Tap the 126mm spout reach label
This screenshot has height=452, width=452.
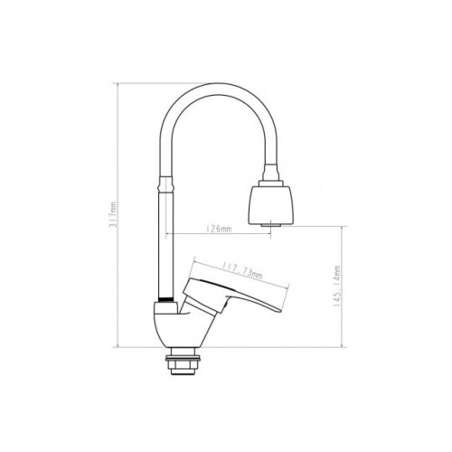click(x=219, y=229)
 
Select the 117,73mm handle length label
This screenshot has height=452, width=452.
click(x=242, y=270)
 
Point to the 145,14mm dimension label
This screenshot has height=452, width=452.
click(x=336, y=286)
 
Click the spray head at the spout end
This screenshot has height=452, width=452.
click(x=269, y=204)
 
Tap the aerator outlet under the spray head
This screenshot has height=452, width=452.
click(x=270, y=225)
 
